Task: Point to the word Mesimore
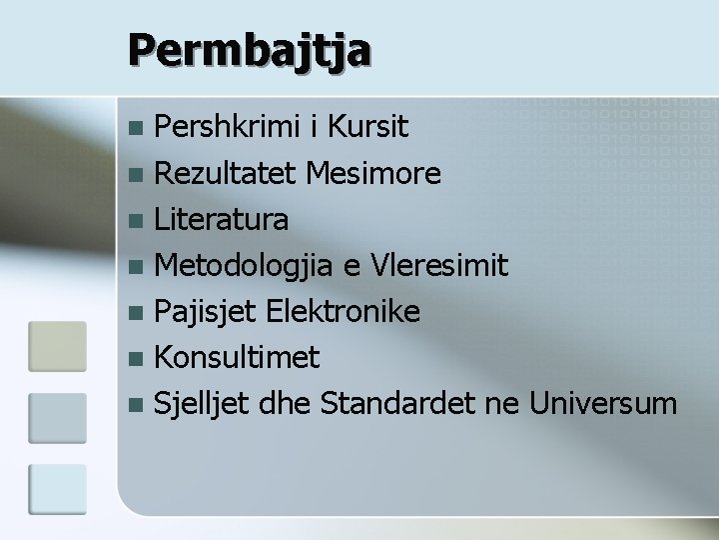coord(373,173)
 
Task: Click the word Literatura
coord(222,219)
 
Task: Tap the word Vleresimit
coord(439,265)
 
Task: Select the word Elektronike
coord(342,311)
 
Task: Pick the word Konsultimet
coord(238,357)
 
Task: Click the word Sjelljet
coord(203,404)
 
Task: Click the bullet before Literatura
coord(137,220)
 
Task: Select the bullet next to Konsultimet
coord(137,358)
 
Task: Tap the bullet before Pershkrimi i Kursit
coord(137,128)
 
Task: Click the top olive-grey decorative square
coord(58,347)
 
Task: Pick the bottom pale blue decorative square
coord(58,487)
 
